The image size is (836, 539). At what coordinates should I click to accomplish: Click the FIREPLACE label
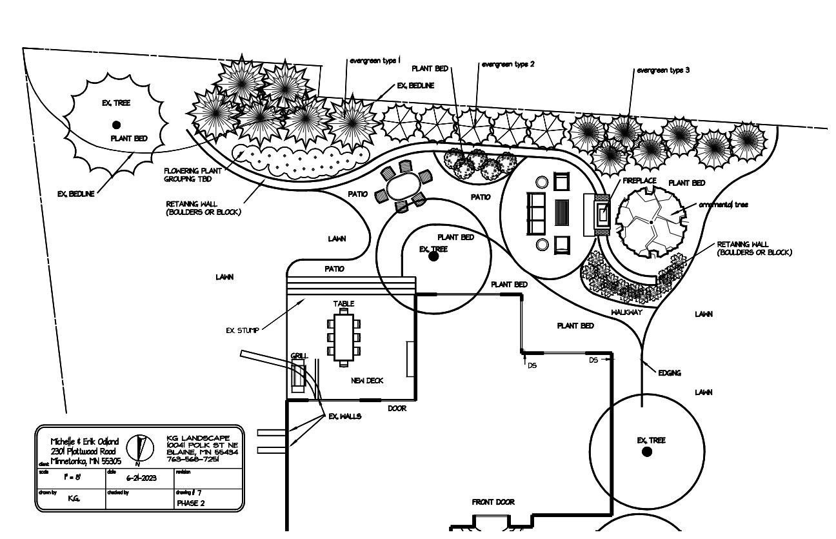point(639,181)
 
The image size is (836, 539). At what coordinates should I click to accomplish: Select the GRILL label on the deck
point(299,356)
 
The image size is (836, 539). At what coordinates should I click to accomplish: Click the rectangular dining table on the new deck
point(344,338)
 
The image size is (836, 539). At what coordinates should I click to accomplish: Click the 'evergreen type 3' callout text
point(663,70)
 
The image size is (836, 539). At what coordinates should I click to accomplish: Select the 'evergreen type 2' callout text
point(508,64)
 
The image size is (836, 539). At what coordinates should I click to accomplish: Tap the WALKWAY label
point(626,312)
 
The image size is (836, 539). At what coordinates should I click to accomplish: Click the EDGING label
point(670,373)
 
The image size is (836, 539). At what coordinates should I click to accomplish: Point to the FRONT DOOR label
point(493,502)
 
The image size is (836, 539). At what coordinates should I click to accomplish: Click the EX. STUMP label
point(242,331)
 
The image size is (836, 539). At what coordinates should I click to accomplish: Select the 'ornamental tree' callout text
point(723,205)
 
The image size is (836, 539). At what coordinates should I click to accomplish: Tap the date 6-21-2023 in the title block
point(141,478)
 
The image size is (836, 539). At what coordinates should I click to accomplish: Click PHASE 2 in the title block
point(190,503)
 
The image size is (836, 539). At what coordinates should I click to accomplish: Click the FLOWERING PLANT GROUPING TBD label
point(192,175)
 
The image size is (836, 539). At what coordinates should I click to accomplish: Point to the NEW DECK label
point(367,380)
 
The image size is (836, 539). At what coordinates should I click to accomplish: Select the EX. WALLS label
point(344,416)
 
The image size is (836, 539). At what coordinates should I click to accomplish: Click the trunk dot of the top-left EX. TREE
point(116,125)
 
